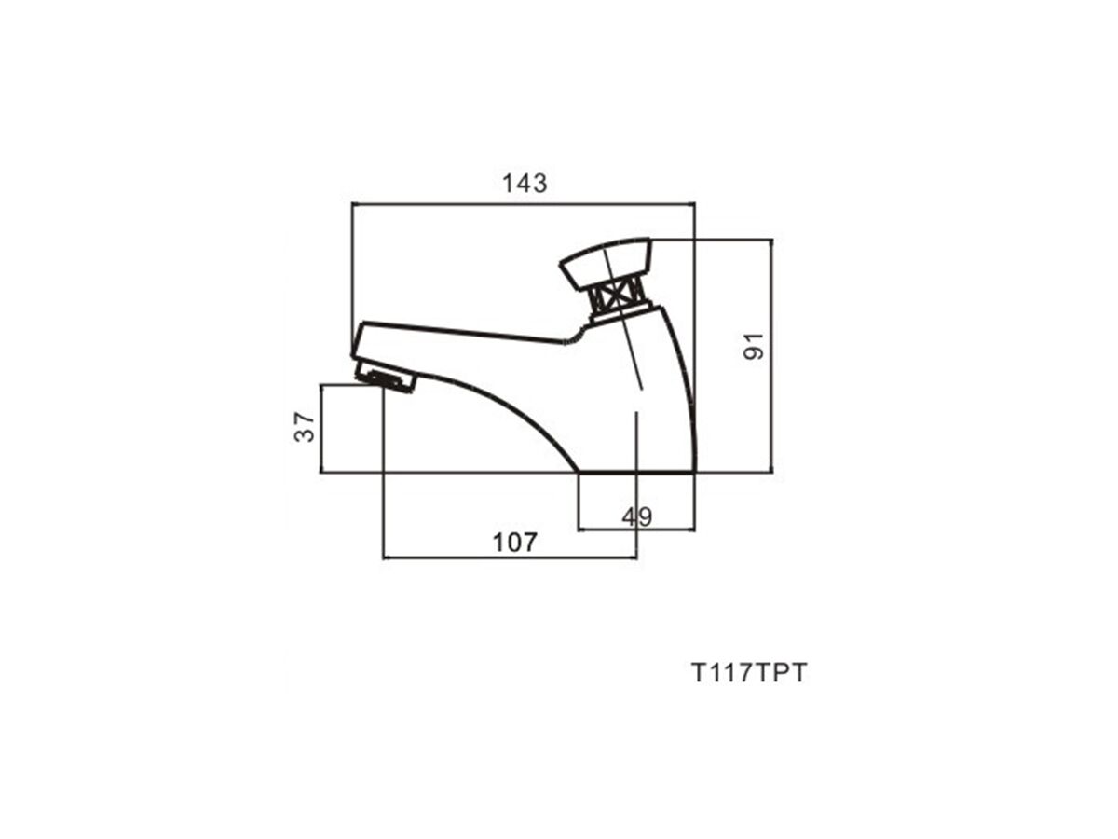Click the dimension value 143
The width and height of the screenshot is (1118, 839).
pos(525,183)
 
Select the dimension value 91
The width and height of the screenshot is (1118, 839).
pos(754,346)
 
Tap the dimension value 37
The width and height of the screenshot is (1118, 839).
pos(305,426)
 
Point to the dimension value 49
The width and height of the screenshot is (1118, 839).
pos(636,517)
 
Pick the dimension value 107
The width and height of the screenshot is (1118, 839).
pos(515,543)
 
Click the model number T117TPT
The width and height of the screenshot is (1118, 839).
pos(749,673)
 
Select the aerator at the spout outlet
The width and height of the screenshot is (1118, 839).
pos(386,377)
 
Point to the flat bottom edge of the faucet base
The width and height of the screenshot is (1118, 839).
pos(636,473)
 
